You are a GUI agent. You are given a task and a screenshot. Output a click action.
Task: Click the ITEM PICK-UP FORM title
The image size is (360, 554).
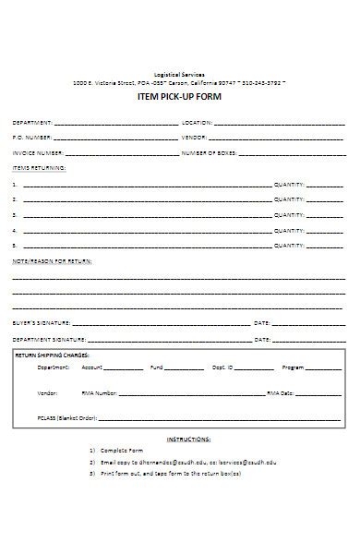click(x=179, y=97)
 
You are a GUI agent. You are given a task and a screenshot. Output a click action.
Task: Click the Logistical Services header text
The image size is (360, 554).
click(x=179, y=74)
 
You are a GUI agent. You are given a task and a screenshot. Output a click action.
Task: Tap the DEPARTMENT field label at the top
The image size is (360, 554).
click(x=31, y=122)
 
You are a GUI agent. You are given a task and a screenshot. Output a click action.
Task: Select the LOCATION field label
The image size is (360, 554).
click(x=198, y=122)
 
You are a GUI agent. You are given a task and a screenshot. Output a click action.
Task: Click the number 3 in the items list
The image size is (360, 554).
click(x=14, y=215)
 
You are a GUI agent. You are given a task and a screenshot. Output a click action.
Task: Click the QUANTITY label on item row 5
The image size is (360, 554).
click(x=289, y=247)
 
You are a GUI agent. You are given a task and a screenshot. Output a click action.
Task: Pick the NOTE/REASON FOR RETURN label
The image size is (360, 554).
click(x=52, y=262)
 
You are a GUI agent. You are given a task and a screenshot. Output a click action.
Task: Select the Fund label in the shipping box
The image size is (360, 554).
click(x=156, y=367)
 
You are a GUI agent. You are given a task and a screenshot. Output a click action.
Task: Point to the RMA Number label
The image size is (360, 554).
click(x=100, y=392)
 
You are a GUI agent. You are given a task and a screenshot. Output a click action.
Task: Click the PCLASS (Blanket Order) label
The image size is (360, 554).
click(x=67, y=417)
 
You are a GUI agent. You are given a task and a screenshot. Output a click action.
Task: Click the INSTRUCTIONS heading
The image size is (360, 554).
click(x=188, y=440)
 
